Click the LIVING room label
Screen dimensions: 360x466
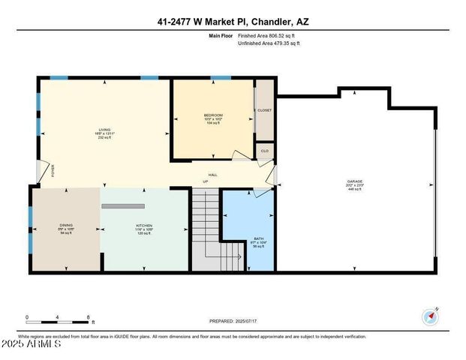105,130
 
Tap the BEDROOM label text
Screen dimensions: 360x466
213,115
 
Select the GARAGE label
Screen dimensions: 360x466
355,181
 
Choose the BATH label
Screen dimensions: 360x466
258,238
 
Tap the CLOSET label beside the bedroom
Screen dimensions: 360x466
265,110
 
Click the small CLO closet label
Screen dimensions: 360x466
265,151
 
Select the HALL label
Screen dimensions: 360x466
213,174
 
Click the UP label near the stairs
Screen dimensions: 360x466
206,181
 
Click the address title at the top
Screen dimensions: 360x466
233,22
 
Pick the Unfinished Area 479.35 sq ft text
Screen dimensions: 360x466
269,44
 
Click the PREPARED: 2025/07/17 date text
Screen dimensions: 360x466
233,321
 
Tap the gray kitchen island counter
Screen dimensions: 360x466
123,205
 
